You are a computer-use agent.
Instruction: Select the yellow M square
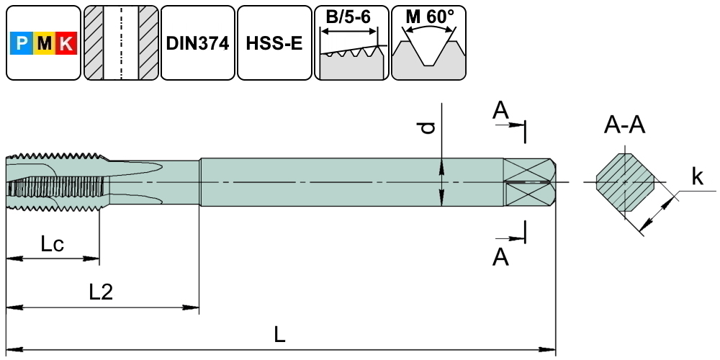(44, 45)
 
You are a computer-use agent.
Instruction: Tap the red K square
(65, 45)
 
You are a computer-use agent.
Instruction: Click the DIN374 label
(197, 43)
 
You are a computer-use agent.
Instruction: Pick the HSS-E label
(274, 43)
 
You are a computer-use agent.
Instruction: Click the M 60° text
(429, 17)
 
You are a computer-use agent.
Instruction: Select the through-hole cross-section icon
(120, 43)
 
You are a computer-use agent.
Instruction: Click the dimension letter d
(428, 127)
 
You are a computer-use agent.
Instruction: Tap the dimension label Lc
(52, 244)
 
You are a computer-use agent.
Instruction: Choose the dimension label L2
(101, 292)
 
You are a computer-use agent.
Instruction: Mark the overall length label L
(281, 334)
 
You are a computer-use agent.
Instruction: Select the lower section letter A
(500, 257)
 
